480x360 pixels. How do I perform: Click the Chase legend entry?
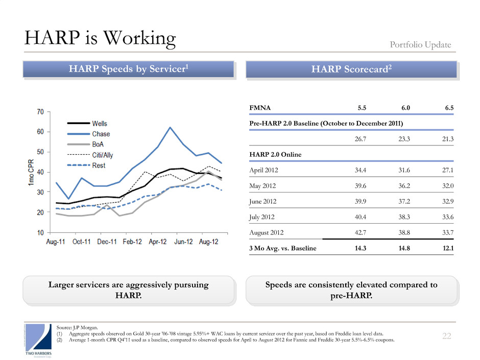(x=100, y=134)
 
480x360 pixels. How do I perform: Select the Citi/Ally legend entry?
(x=103, y=155)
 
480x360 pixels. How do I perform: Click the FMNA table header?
(x=260, y=108)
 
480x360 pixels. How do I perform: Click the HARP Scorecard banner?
(x=351, y=69)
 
